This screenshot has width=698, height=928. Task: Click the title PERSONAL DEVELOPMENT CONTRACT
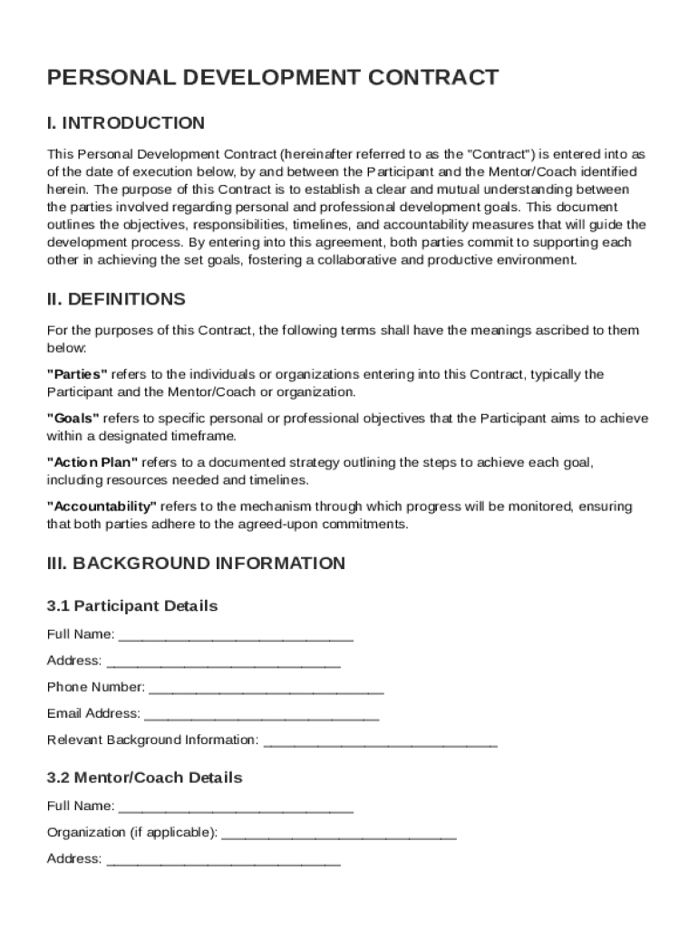click(x=272, y=77)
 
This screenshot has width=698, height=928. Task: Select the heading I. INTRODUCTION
click(x=126, y=123)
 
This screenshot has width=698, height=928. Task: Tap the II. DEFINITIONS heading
click(x=116, y=299)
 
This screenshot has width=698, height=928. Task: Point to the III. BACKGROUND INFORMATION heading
click(x=196, y=564)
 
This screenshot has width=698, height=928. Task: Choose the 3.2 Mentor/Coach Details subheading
click(x=145, y=778)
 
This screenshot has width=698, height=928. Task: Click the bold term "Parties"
click(x=77, y=374)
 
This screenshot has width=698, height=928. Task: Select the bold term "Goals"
click(x=73, y=418)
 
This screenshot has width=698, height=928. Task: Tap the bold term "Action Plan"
click(x=92, y=462)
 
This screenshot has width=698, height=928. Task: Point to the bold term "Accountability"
click(x=102, y=506)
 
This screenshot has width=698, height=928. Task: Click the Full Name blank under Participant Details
click(x=236, y=635)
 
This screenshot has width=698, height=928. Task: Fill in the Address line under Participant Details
click(x=223, y=662)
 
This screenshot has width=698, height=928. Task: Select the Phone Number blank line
click(x=267, y=688)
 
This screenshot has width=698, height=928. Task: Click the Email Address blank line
click(x=261, y=714)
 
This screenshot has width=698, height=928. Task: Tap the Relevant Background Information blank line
click(x=380, y=741)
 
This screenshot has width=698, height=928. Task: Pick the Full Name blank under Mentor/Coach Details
click(x=236, y=807)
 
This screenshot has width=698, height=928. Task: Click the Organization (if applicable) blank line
click(x=339, y=834)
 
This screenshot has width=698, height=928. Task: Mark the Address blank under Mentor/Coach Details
click(x=223, y=860)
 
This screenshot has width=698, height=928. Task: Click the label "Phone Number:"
click(x=96, y=687)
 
